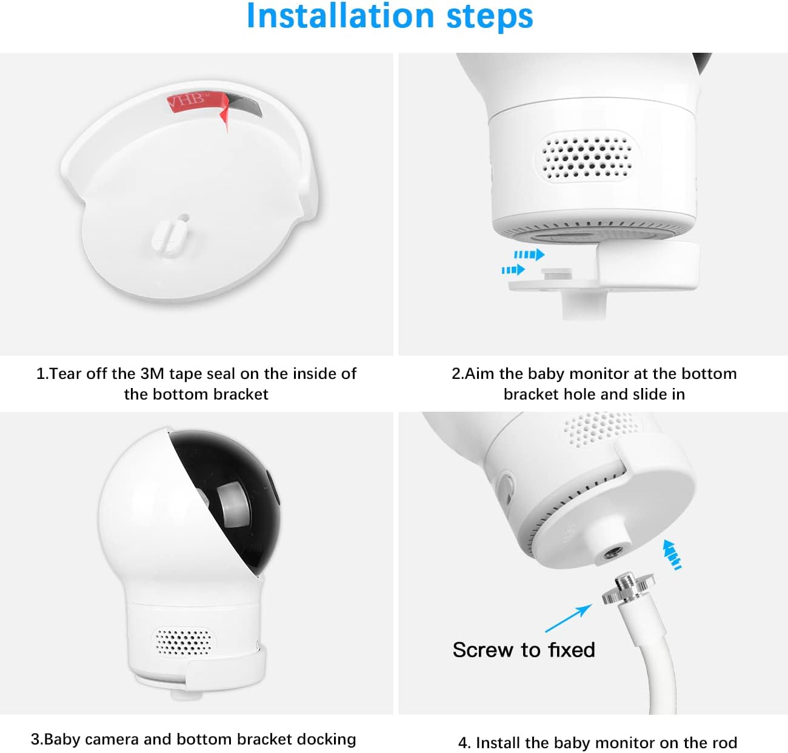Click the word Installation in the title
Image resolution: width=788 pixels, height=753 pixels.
(x=341, y=16)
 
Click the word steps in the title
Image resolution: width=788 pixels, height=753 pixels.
(x=490, y=18)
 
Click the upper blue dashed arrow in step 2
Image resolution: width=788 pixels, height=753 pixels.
(x=529, y=255)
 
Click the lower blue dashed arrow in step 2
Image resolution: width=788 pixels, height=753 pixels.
(x=513, y=270)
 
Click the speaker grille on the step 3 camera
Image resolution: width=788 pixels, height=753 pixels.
(x=184, y=642)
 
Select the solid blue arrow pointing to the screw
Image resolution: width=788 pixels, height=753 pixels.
(x=568, y=618)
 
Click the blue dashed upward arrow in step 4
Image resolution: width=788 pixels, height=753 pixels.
(x=672, y=555)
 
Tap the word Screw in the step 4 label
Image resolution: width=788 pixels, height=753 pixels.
(x=484, y=650)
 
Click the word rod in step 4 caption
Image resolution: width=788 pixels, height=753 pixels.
(x=725, y=743)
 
